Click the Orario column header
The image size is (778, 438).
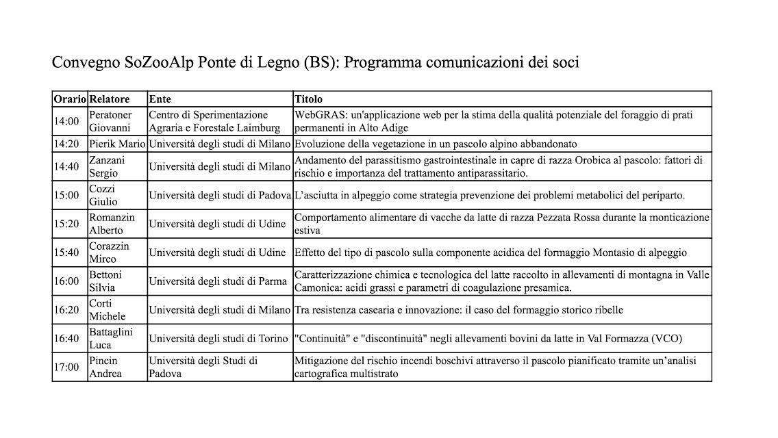pos(70,99)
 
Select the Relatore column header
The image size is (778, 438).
pos(109,99)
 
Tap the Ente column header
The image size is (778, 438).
pos(160,99)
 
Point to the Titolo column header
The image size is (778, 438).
pos(308,99)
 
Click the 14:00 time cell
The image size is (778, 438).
pos(67,121)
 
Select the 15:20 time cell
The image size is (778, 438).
pos(67,224)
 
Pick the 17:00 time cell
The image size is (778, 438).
pos(67,367)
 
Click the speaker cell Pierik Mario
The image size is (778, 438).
pos(117,144)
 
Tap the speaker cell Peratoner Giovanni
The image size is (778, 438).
pos(110,121)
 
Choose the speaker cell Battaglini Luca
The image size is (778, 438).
pos(111,338)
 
